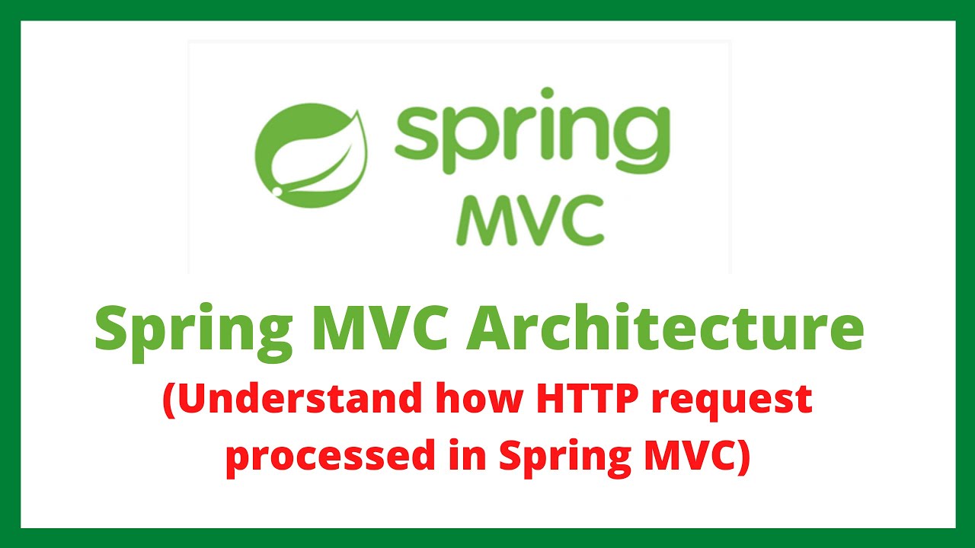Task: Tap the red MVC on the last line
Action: [x=685, y=456]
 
